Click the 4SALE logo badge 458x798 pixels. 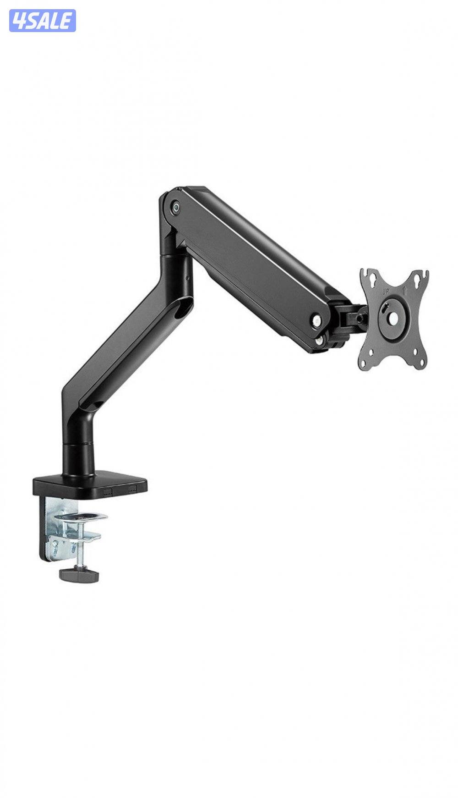click(42, 21)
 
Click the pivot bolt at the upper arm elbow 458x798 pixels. click(175, 207)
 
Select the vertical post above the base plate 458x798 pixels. click(79, 445)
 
